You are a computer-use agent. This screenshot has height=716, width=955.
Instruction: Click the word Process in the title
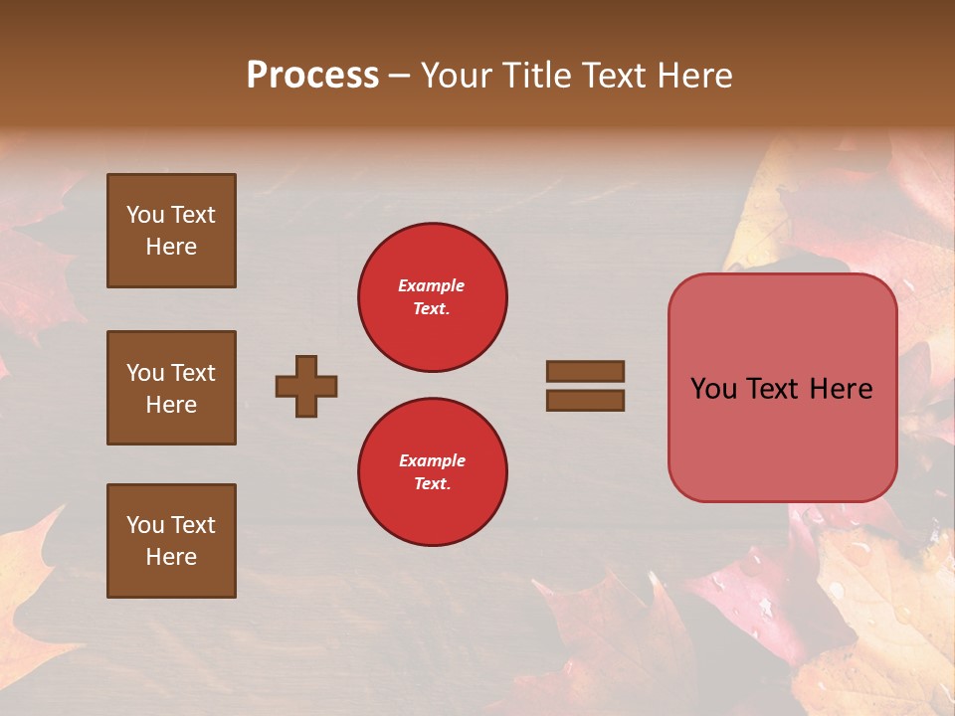point(312,76)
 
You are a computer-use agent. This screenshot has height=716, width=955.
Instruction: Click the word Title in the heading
point(534,76)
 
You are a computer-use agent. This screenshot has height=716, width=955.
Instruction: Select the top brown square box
point(171,231)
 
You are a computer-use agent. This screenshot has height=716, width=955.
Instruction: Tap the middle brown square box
point(171,388)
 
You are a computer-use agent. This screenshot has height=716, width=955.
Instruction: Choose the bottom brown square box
point(171,541)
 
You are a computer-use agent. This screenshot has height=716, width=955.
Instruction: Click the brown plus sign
point(306,386)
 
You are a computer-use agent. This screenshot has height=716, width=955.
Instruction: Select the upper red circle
point(433,297)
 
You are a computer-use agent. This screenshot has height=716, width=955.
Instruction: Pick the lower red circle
point(433,472)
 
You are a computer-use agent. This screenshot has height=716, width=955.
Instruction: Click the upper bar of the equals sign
point(585,371)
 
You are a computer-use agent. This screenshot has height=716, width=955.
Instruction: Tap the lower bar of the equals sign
point(585,401)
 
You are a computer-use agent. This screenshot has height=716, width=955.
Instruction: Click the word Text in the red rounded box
point(780,389)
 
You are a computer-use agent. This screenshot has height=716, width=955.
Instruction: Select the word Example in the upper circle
point(432,285)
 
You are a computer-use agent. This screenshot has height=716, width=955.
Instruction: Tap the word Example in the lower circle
point(432,460)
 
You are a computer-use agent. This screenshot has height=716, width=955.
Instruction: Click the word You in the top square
point(144,215)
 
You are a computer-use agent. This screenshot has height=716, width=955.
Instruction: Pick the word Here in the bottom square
point(171,557)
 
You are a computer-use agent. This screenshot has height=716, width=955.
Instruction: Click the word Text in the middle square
point(192,373)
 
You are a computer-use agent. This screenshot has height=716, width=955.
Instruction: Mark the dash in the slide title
point(400,76)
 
